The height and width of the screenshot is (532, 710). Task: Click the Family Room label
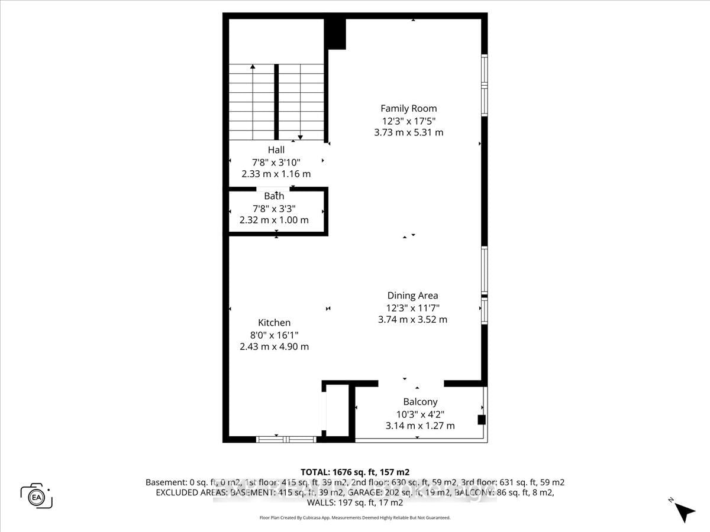[x=408, y=108]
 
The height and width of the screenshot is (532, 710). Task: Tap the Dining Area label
[x=412, y=296]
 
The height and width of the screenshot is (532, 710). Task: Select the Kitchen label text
[x=274, y=323]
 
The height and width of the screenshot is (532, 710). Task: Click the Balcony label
[x=420, y=402]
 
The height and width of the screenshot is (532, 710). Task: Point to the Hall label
[x=276, y=150]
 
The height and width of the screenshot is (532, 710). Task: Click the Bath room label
[x=274, y=196]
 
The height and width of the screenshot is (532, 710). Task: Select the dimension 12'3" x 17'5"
[x=408, y=121]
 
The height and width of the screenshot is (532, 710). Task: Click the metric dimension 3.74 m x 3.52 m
[x=412, y=320]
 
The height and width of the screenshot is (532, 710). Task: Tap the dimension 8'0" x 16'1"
[x=274, y=335]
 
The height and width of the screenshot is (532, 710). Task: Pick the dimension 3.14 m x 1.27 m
[x=420, y=426]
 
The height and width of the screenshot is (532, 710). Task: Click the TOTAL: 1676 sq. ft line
[x=355, y=472]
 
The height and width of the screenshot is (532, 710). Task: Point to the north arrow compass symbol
[x=685, y=511]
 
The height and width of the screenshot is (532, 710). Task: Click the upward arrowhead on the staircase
[x=253, y=67]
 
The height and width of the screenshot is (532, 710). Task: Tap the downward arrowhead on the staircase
[x=300, y=137]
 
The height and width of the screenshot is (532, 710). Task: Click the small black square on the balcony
[x=482, y=420]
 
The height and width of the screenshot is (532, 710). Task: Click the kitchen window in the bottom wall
[x=286, y=439]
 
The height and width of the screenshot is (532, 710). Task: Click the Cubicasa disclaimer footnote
[x=355, y=518]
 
